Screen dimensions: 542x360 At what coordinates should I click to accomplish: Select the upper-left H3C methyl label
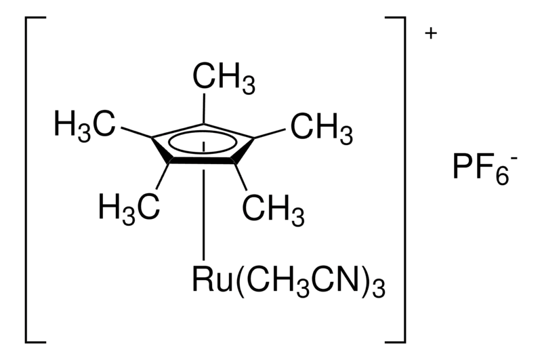point(84,126)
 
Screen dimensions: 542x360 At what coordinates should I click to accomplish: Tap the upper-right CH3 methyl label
point(321,129)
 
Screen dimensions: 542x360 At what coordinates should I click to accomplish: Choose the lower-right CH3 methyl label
point(273,210)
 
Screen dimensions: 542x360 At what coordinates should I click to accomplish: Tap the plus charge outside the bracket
point(431,33)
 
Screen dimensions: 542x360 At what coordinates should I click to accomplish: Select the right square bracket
point(395,180)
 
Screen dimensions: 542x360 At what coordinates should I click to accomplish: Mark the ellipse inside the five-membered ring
point(203,142)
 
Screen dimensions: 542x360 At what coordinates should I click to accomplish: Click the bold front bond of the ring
point(203,161)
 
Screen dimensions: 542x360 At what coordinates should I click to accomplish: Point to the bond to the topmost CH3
point(204,109)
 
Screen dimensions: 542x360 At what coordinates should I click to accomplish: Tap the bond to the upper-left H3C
point(136,133)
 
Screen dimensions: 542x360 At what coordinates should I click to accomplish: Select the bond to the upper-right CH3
point(270,134)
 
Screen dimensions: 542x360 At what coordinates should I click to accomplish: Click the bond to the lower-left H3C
point(163,176)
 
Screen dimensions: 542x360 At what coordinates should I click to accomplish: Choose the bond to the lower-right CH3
point(241,176)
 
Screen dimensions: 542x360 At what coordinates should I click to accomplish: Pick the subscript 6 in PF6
point(502,177)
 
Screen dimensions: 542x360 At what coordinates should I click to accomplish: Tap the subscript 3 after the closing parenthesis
point(379,288)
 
